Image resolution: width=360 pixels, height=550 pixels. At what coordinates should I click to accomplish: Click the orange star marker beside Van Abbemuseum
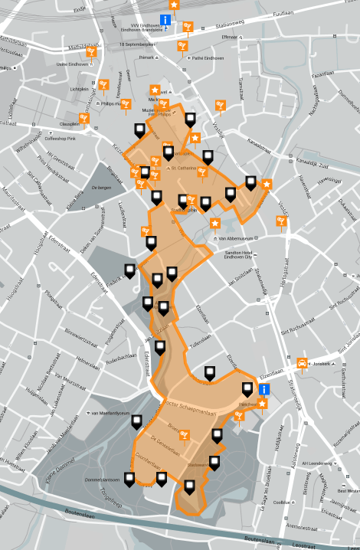point(215,223)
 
